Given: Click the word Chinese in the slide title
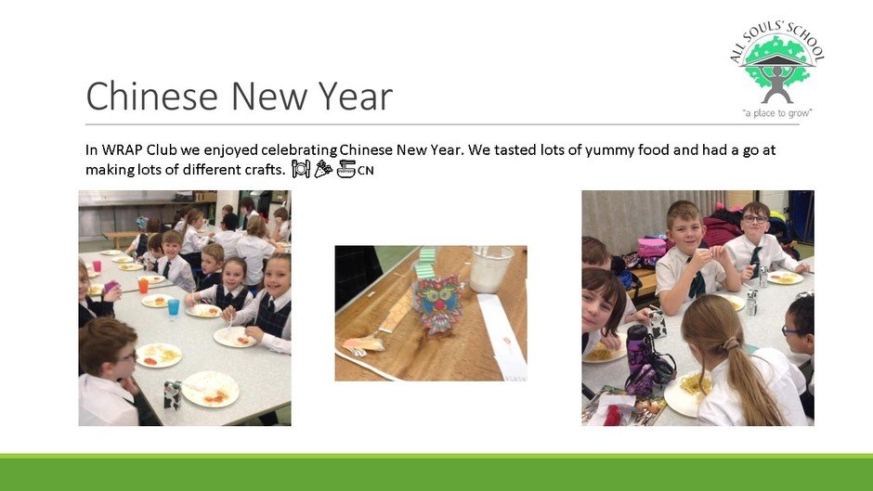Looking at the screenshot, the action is (x=152, y=96).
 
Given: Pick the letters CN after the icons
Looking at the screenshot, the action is (x=365, y=171).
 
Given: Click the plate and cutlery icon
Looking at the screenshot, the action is (x=301, y=169).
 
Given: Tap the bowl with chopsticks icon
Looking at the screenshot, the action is (x=346, y=169).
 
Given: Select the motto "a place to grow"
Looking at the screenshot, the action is (x=777, y=113).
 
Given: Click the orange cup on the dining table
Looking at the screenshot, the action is (x=143, y=285).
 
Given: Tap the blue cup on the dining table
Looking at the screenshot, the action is (x=174, y=306).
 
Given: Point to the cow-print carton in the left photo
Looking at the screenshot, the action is (x=173, y=394).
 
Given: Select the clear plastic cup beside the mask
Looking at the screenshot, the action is (x=490, y=269).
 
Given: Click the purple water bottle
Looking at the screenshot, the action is (x=638, y=356).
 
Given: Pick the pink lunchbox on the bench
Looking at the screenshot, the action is (x=651, y=248).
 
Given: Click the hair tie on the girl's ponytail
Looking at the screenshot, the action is (x=730, y=344).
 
